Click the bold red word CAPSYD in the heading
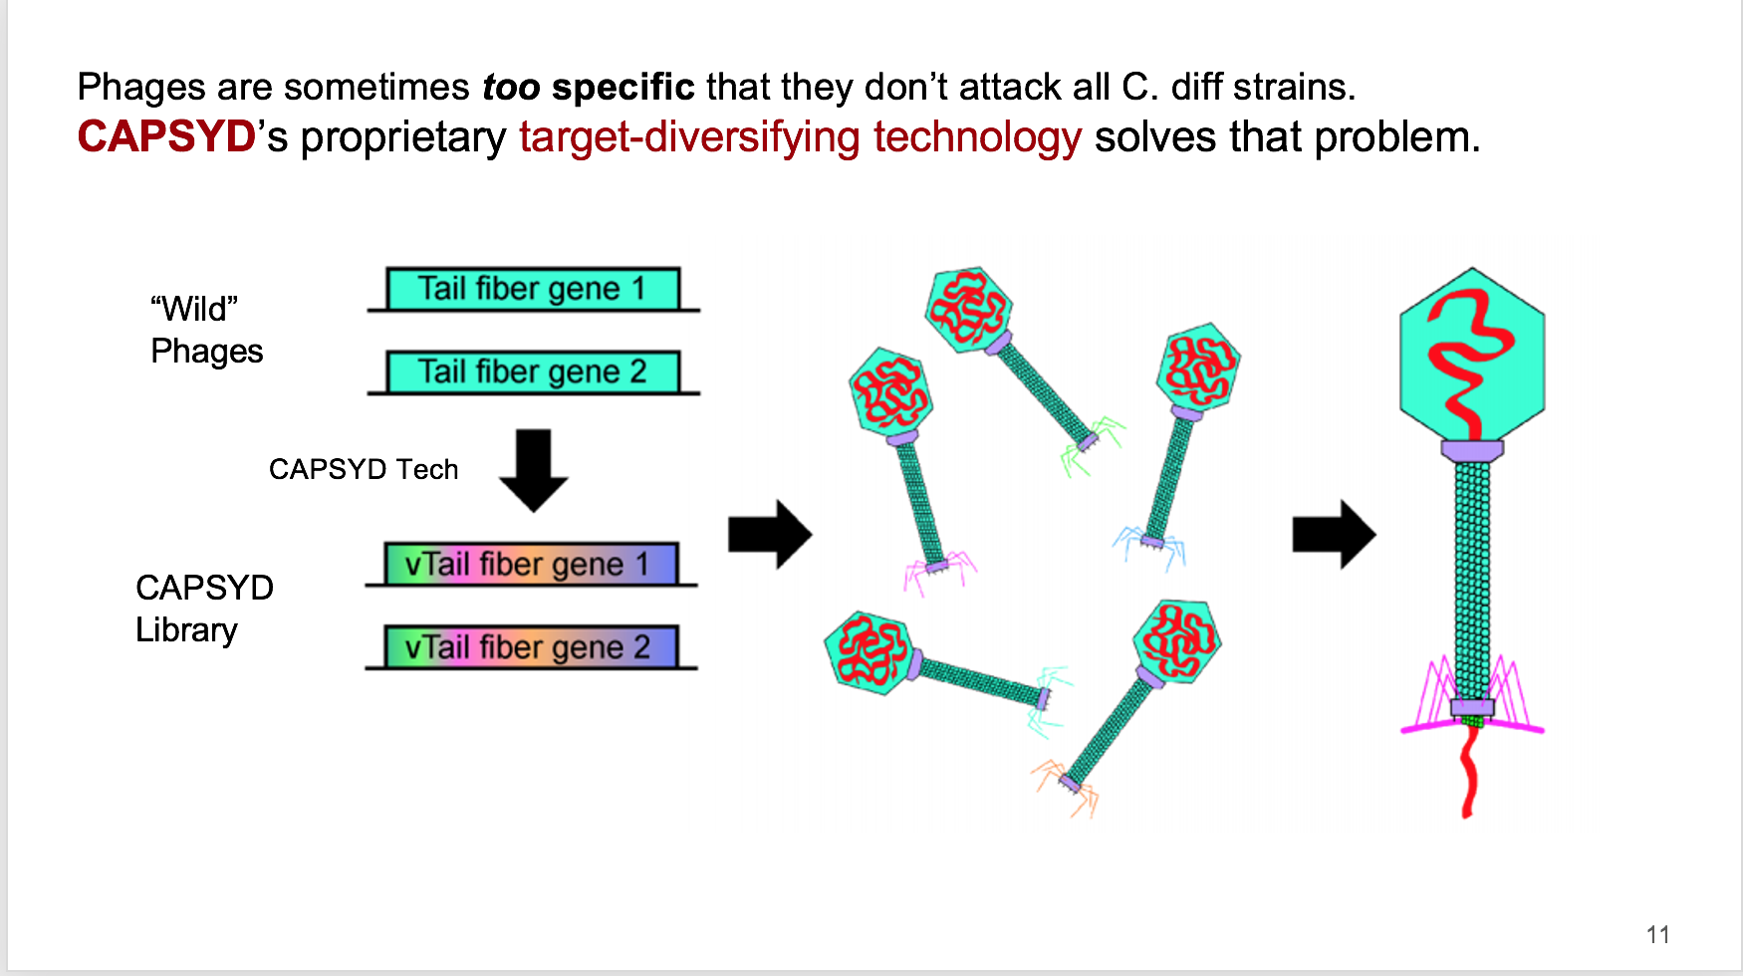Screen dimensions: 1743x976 point(166,136)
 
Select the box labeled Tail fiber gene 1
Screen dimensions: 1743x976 point(533,289)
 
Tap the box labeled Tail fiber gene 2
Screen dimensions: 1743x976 point(533,371)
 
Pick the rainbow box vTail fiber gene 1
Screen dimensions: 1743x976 point(531,564)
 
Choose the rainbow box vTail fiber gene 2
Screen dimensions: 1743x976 point(531,646)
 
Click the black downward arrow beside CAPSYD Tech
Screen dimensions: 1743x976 point(534,470)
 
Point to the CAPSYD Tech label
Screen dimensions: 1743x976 point(364,469)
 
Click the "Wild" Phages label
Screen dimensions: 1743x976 point(206,330)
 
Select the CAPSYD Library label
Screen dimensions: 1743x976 point(204,609)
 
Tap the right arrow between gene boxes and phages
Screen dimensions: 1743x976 point(770,535)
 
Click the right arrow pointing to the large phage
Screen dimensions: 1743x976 point(1334,535)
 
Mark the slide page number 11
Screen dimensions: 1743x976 point(1657,934)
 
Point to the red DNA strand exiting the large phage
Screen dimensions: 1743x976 point(1468,772)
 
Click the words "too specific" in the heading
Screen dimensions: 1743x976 point(589,87)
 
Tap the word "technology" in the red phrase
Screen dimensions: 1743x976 point(977,136)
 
